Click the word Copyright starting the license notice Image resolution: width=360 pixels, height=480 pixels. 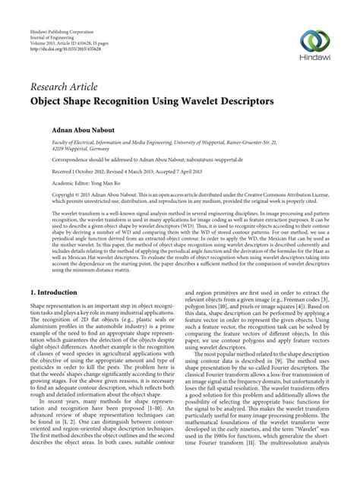click(x=44, y=195)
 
